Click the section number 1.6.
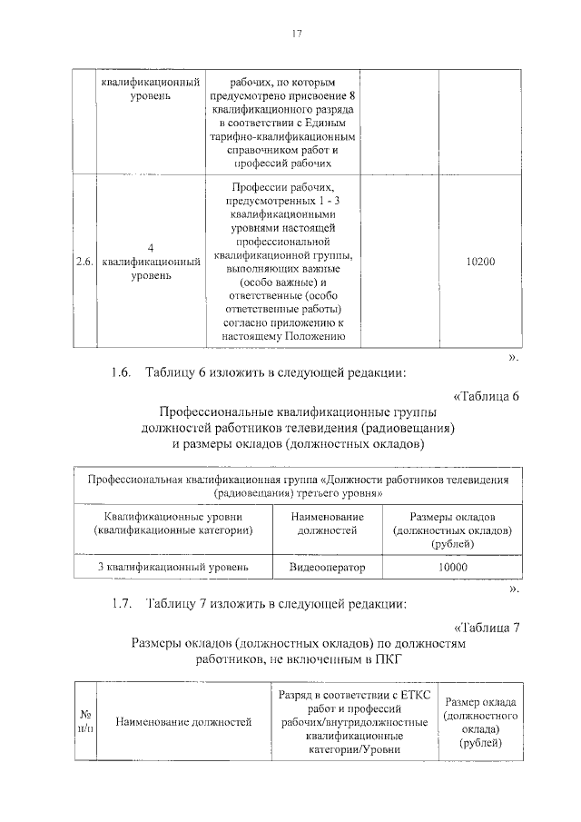(122, 371)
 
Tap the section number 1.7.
(122, 602)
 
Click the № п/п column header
(84, 722)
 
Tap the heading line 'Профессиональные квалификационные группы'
(298, 411)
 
